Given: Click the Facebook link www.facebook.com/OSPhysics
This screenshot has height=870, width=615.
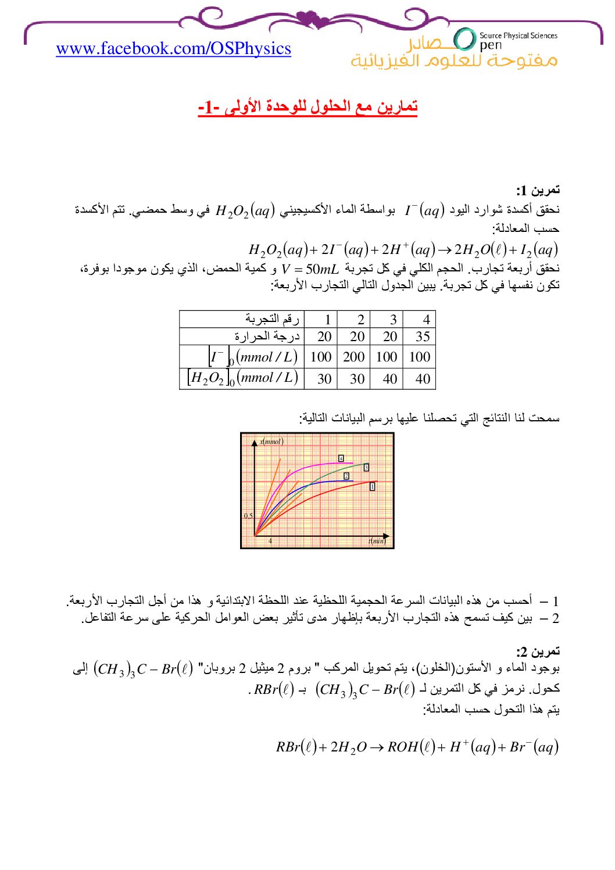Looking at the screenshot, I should [x=173, y=48].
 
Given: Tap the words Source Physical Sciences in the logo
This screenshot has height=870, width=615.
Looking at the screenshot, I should [x=518, y=35].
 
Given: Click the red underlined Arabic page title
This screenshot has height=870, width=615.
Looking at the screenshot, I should [x=307, y=107].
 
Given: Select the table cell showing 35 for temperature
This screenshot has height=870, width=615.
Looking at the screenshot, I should [x=423, y=336].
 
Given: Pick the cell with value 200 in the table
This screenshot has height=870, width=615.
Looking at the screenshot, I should [x=353, y=357].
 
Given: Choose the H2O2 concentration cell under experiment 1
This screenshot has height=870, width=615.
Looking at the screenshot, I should [x=324, y=379].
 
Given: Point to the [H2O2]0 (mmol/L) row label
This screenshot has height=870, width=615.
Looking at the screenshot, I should [x=243, y=378].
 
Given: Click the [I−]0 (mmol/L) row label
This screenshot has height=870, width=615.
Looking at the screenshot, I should [x=253, y=356].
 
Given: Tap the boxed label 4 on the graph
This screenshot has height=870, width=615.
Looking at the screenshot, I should [x=341, y=459].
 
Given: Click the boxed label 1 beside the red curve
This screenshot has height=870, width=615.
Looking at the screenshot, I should [x=373, y=486].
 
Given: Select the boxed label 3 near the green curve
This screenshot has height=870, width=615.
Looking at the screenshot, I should [x=366, y=467].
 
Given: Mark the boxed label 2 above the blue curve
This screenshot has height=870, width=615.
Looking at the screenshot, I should [x=346, y=476].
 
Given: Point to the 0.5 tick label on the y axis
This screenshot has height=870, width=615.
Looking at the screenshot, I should [x=248, y=515].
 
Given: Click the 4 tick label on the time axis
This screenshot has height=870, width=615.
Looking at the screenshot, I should [x=270, y=541].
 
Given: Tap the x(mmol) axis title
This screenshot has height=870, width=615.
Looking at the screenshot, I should [x=271, y=442].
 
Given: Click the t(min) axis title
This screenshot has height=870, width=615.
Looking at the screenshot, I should [x=377, y=541].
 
